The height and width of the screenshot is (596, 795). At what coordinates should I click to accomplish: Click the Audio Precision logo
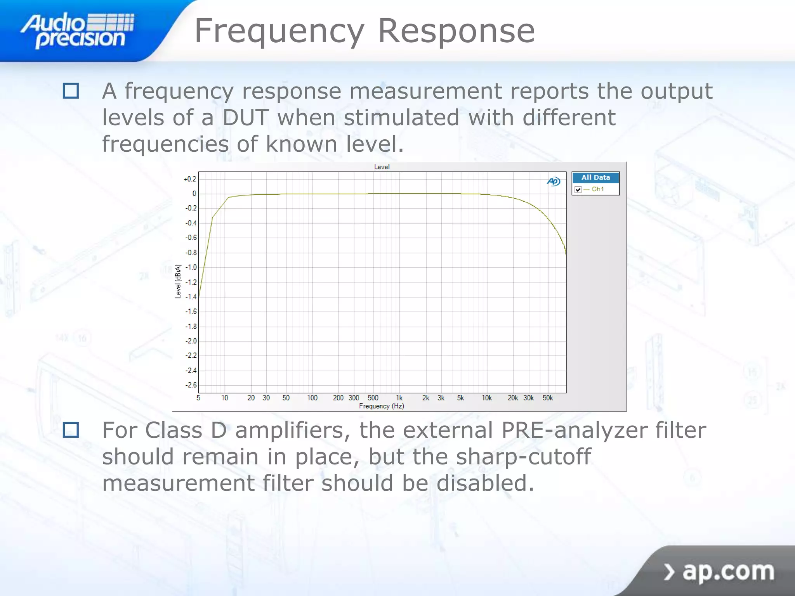tap(78, 30)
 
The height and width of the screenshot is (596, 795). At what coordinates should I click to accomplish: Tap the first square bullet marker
tap(71, 91)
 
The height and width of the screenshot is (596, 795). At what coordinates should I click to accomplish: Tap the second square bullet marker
tap(71, 430)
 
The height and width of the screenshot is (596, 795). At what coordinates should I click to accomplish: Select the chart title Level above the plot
tap(382, 167)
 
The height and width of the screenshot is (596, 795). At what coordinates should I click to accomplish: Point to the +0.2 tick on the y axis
tap(190, 179)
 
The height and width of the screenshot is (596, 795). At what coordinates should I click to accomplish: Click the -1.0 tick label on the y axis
tap(191, 267)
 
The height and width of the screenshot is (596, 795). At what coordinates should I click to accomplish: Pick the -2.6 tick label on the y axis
tap(191, 385)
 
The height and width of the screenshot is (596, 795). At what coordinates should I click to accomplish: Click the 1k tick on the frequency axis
tap(399, 398)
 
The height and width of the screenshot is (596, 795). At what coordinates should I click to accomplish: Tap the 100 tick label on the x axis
tap(312, 398)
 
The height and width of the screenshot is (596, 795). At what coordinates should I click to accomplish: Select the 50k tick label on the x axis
tap(548, 398)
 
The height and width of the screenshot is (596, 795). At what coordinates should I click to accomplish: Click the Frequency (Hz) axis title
tap(382, 406)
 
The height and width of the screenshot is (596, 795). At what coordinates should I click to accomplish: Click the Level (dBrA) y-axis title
tap(178, 281)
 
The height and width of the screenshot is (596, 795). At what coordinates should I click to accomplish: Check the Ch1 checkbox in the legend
tap(578, 189)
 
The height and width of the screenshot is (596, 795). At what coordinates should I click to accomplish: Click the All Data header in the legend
tap(595, 177)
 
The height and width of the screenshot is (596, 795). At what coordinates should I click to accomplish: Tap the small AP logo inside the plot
tap(554, 181)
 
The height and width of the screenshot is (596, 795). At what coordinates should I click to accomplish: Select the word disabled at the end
tap(485, 483)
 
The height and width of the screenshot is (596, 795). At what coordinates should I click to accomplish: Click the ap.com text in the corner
tap(728, 571)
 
